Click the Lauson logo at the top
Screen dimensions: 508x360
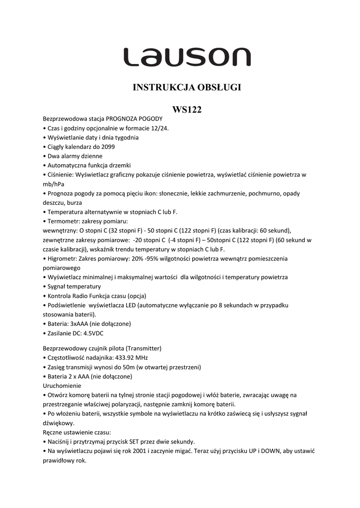(x=187, y=58)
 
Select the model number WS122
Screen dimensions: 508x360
(x=187, y=110)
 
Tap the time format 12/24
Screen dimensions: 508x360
(x=161, y=128)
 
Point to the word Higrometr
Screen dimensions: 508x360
(x=62, y=258)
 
